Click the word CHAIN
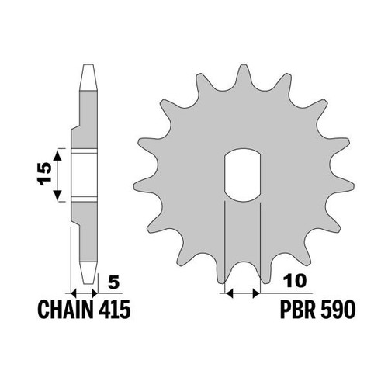click(66, 310)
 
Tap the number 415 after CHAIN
click(114, 310)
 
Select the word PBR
click(298, 310)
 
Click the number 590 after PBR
click(338, 310)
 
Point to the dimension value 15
click(44, 174)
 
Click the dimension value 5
click(113, 282)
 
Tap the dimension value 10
click(295, 281)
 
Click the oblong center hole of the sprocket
click(242, 175)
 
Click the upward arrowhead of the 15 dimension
click(57, 155)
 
